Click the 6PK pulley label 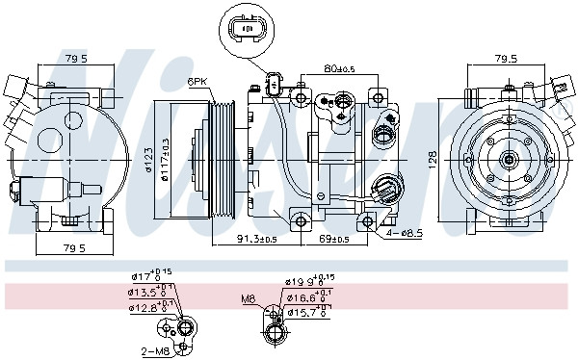[198, 83]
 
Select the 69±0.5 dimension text [334, 238]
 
